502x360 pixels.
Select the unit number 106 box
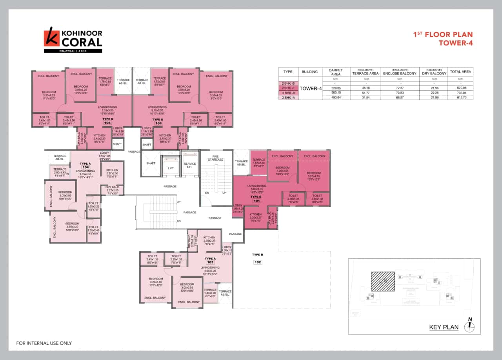[x=158, y=123]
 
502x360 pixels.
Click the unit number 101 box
[x=257, y=201]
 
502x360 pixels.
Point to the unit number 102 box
[x=257, y=262]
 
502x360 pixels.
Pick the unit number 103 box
[x=210, y=262]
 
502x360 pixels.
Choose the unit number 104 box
[x=86, y=167]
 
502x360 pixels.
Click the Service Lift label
[x=190, y=165]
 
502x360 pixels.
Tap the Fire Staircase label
[x=215, y=158]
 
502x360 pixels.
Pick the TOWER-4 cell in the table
[x=311, y=89]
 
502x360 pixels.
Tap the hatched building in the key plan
[x=383, y=281]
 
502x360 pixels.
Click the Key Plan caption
[x=444, y=327]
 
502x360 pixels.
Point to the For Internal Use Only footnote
[x=44, y=343]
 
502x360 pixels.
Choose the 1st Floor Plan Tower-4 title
[x=443, y=39]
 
